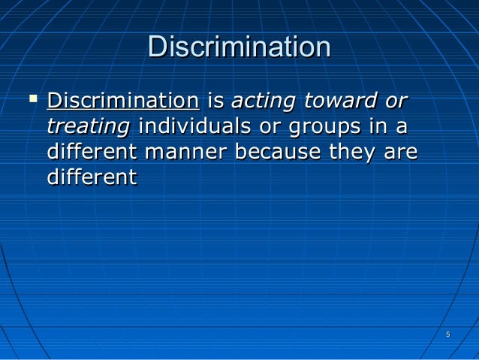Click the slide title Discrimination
click(239, 47)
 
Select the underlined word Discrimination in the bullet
click(122, 100)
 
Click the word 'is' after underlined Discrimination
click(215, 100)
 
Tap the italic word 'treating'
click(88, 126)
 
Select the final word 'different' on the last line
click(92, 177)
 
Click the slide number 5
click(447, 334)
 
